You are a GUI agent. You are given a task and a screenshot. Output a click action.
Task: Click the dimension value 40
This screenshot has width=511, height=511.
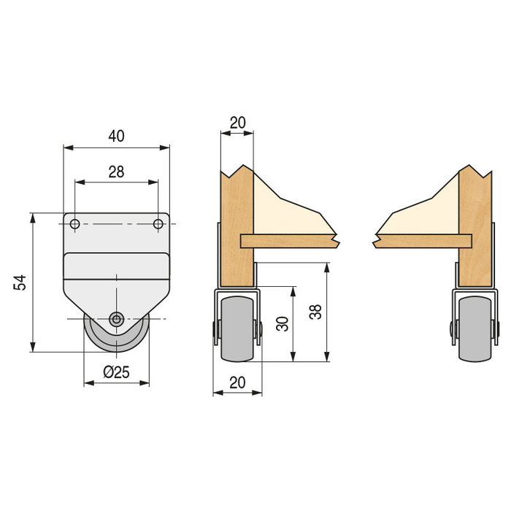point(116,136)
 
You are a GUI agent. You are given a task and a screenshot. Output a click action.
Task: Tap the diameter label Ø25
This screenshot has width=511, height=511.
point(116,372)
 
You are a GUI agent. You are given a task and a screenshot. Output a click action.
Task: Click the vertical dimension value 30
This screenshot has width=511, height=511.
point(282,323)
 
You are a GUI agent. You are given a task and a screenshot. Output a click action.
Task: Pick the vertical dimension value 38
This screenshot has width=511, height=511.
point(315,312)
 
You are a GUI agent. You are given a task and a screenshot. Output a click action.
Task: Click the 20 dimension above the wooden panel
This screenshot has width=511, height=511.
point(237,123)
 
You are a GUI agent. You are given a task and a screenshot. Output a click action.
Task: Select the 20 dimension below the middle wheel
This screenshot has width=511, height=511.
point(237,381)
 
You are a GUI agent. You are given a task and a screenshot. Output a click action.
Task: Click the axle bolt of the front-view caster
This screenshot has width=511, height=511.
point(116,318)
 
